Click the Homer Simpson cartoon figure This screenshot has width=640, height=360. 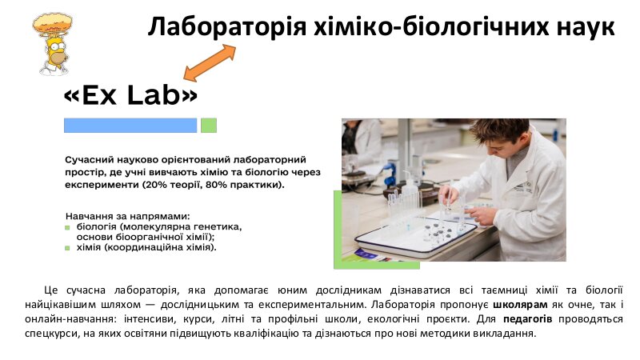(x=52, y=44)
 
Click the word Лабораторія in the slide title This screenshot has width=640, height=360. (x=226, y=27)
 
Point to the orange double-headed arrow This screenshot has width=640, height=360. (x=210, y=62)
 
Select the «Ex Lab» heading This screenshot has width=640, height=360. (x=130, y=95)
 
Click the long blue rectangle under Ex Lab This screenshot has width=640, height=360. (x=130, y=126)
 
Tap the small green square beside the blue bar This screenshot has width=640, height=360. (x=209, y=126)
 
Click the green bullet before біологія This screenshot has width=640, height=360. (x=67, y=228)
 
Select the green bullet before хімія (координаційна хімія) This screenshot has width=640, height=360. (x=67, y=248)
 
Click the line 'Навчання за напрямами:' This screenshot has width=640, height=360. (x=128, y=216)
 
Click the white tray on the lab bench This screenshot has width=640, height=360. (x=415, y=238)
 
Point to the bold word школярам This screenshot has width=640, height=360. (x=520, y=305)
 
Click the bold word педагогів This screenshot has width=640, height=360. (x=527, y=318)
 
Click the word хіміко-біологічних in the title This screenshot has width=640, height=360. (x=430, y=27)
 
